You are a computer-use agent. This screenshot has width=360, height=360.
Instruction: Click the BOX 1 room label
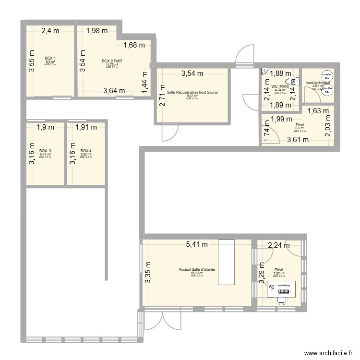[x=50, y=58]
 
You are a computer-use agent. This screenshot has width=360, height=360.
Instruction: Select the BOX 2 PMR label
[x=112, y=61]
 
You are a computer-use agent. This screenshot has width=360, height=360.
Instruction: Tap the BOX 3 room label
[x=45, y=151]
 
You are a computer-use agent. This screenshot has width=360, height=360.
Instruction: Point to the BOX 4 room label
[x=86, y=151]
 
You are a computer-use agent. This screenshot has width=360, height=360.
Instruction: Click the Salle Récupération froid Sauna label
[x=192, y=92]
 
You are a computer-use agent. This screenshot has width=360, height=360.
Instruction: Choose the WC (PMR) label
[x=280, y=87]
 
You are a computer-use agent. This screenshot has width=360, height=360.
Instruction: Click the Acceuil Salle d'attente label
[x=196, y=270]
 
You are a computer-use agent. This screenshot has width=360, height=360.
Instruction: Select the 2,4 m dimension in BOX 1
[x=50, y=31]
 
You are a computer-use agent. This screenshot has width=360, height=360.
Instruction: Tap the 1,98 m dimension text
[x=97, y=31]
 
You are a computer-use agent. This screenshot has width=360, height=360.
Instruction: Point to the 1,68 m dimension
[x=135, y=46]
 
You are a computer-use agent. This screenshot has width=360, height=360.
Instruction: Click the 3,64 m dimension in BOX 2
[x=114, y=90]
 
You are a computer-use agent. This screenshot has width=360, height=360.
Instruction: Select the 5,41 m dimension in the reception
[x=197, y=244]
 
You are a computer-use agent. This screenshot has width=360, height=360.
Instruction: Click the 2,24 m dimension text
[x=279, y=245]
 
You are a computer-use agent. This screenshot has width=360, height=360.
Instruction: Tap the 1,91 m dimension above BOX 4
[x=86, y=127]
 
